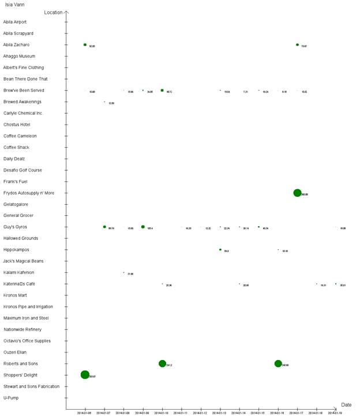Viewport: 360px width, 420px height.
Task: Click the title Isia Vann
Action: click(14, 4)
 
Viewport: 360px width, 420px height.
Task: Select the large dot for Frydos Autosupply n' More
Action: click(297, 193)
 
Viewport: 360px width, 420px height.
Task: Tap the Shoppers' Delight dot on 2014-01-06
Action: click(85, 374)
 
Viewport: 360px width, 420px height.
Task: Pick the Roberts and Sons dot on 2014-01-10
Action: click(162, 363)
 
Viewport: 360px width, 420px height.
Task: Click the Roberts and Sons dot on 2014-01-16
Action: click(278, 363)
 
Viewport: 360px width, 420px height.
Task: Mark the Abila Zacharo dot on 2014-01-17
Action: click(297, 44)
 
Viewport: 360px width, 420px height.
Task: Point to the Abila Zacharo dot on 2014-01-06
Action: click(85, 44)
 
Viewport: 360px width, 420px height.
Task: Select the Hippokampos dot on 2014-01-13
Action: click(220, 250)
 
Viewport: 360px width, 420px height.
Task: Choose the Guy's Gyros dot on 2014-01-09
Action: click(143, 227)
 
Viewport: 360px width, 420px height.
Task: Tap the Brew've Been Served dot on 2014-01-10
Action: click(162, 90)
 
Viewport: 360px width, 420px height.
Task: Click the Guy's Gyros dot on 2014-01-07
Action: click(104, 227)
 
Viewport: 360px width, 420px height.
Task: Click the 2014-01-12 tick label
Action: click(201, 413)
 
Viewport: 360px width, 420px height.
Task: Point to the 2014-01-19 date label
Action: click(336, 413)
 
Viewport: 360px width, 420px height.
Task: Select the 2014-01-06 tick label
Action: click(85, 413)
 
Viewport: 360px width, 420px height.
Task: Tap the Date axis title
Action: click(346, 405)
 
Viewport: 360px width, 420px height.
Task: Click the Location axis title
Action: click(53, 12)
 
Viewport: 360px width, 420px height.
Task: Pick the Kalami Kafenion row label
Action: click(18, 272)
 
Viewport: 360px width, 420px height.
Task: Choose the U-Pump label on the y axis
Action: click(11, 397)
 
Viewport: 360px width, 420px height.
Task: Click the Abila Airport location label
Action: click(15, 22)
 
